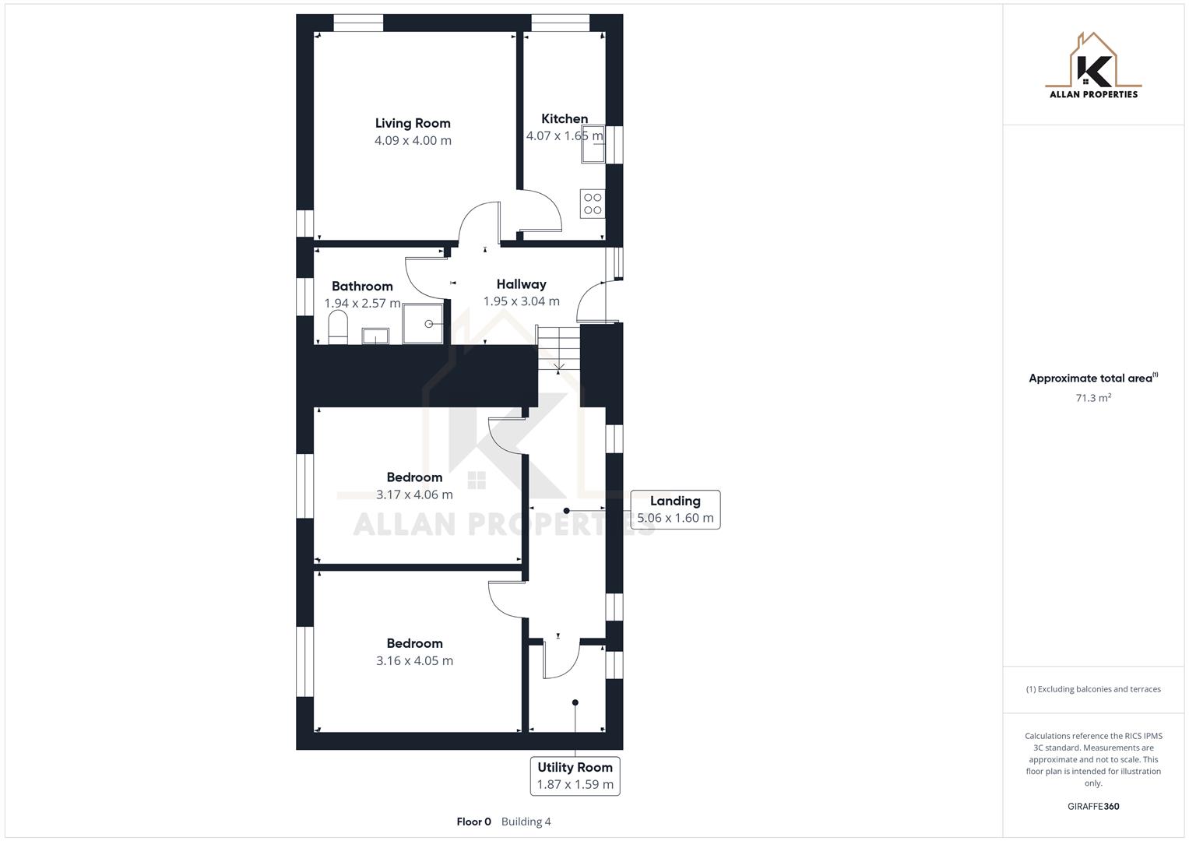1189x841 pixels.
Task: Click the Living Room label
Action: tap(413, 123)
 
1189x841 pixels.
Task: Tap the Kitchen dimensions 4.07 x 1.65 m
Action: tap(565, 136)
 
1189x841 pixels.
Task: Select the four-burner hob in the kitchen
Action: tap(593, 204)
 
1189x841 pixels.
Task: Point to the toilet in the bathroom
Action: tap(337, 328)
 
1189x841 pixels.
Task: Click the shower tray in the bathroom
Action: tap(424, 324)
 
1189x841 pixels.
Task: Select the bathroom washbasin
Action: tap(375, 336)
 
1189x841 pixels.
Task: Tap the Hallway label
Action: tap(521, 284)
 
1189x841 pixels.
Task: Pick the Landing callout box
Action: tap(675, 509)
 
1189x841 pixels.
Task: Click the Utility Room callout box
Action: tap(575, 776)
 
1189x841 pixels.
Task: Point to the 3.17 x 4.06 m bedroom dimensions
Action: tap(414, 494)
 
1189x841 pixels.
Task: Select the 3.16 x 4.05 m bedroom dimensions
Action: tap(414, 660)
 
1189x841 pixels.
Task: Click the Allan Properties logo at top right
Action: tap(1093, 66)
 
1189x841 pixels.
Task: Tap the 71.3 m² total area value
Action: tap(1093, 398)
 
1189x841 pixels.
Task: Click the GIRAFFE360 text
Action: tap(1093, 806)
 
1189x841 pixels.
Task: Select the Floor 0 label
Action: tap(473, 822)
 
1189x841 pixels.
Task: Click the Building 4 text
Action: tap(526, 822)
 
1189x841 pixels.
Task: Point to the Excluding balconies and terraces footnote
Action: tap(1093, 689)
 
